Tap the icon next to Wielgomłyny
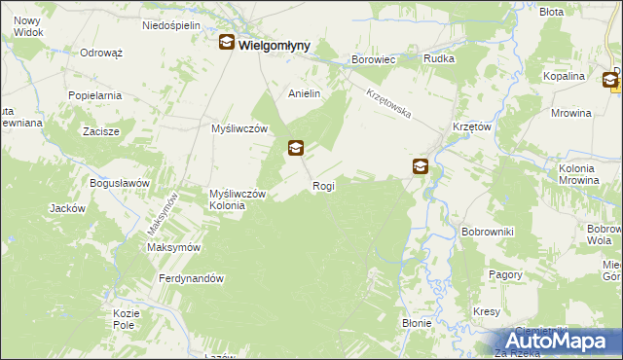point(226,43)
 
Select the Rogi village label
point(323,185)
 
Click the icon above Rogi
point(296,149)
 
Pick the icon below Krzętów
point(420,166)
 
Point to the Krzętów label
point(470,126)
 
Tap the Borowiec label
point(373,59)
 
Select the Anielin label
point(304,93)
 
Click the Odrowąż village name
point(100,53)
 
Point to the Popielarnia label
point(94,95)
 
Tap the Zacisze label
point(101,130)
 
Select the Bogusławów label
point(119,183)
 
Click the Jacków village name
point(68,208)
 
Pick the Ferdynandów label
point(192,278)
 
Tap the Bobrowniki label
point(487,232)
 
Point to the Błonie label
point(417,322)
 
